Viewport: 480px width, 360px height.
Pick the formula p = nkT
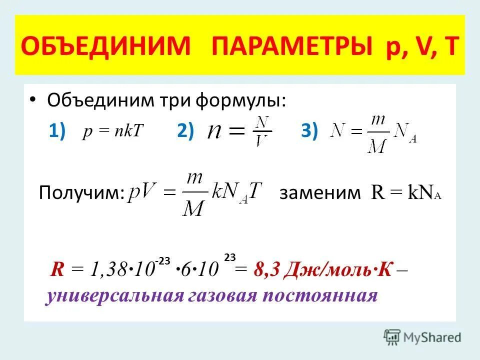113,131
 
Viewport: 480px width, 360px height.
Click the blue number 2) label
185,131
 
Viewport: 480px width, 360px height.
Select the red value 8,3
265,270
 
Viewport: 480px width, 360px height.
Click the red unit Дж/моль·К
337,270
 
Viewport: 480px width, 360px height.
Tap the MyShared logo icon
392,337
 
